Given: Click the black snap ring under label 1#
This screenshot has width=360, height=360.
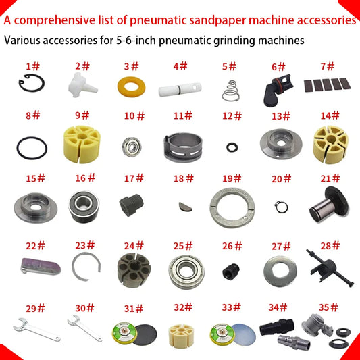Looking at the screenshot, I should [x=28, y=87].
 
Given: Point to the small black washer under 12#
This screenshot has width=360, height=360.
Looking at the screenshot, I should [x=232, y=145].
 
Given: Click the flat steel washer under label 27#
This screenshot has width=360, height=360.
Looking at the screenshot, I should [x=279, y=268].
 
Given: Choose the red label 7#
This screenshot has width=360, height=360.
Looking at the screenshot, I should [x=328, y=66].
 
